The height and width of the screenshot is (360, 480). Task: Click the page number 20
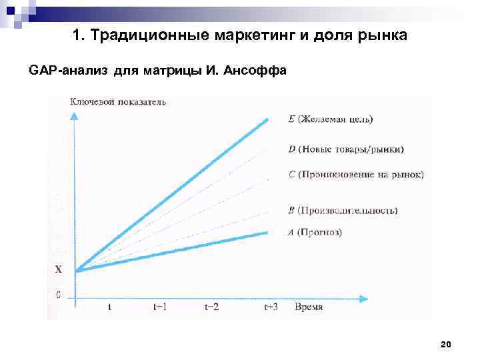pos(446,344)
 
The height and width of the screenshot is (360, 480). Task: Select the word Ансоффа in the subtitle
pos(261,71)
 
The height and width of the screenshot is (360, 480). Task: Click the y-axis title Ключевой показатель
pos(118,102)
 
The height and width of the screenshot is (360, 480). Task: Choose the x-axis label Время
pos(308,307)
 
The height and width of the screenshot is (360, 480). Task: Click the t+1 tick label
pos(161,307)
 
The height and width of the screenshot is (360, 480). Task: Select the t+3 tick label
pos(271,307)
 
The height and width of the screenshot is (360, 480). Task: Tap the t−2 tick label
pos(213,307)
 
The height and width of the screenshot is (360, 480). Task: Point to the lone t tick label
pos(109,307)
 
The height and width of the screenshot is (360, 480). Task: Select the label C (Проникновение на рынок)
pos(357,175)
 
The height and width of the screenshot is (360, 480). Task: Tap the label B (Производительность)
pos(343,211)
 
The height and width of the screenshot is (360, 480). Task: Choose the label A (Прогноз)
pos(315,233)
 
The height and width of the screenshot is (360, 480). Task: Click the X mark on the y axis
pos(58,270)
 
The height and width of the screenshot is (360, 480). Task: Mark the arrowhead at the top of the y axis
pos(75,113)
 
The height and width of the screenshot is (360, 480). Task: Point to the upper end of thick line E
pos(267,120)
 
